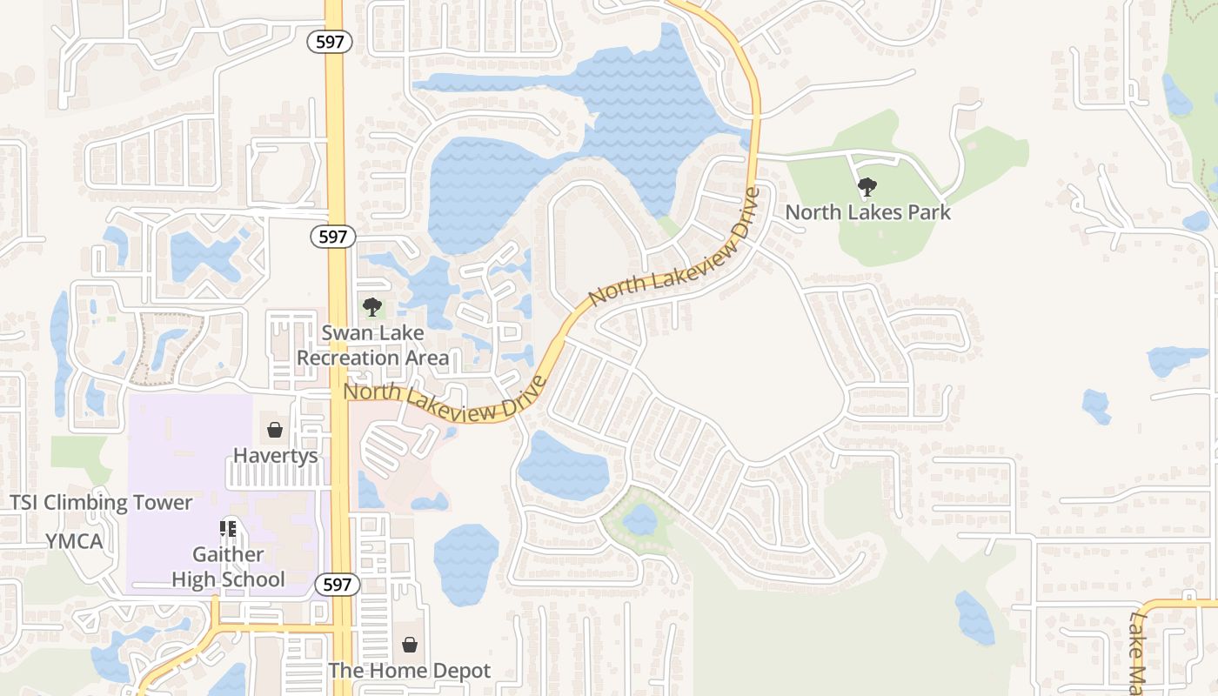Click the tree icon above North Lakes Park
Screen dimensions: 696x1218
[867, 186]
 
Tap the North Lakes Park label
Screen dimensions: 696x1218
[867, 212]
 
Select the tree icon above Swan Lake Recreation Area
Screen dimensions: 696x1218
[372, 306]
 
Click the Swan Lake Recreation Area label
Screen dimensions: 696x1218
[372, 345]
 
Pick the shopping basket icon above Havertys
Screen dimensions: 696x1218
[275, 430]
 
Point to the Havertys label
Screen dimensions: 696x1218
[275, 456]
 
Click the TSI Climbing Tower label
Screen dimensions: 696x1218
[101, 503]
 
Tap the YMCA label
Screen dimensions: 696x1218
[74, 541]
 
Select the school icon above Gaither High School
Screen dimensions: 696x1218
[228, 528]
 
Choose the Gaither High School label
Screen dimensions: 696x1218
[228, 567]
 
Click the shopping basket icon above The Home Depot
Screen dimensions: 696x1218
[409, 645]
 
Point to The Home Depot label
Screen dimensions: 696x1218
[409, 671]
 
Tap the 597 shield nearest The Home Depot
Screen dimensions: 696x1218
[336, 584]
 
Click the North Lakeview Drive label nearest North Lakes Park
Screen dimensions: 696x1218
[674, 249]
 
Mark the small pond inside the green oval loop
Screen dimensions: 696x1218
[640, 519]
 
